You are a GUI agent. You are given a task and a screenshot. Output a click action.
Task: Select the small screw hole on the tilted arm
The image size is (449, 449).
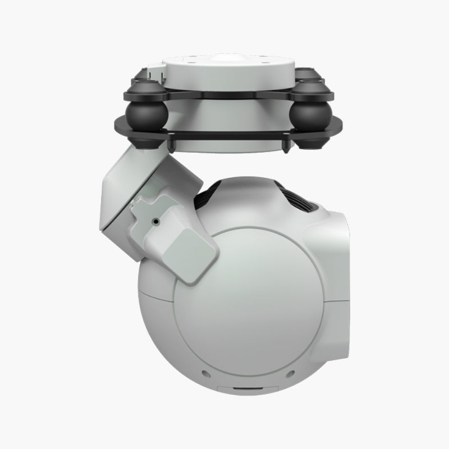(154, 222)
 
